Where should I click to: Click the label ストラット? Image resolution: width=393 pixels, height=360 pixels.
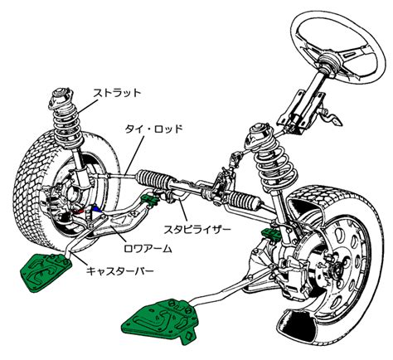click(117, 94)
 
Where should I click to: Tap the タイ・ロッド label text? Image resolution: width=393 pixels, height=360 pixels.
click(154, 129)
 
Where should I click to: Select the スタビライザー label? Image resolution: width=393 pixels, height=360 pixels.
click(197, 230)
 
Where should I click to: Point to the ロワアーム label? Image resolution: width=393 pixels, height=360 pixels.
click(148, 249)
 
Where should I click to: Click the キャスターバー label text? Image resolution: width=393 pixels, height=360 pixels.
click(120, 270)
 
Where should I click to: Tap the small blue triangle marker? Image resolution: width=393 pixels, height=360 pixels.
click(95, 208)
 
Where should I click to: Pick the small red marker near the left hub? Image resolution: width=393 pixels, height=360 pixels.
click(80, 211)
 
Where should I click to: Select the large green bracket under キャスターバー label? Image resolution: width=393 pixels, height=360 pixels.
click(46, 272)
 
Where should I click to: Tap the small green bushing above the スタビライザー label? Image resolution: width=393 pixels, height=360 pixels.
click(149, 201)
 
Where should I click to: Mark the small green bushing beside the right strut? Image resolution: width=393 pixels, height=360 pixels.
click(271, 234)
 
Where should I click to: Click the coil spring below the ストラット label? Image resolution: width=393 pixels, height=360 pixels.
click(68, 126)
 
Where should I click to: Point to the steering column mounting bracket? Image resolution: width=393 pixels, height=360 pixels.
click(300, 110)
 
